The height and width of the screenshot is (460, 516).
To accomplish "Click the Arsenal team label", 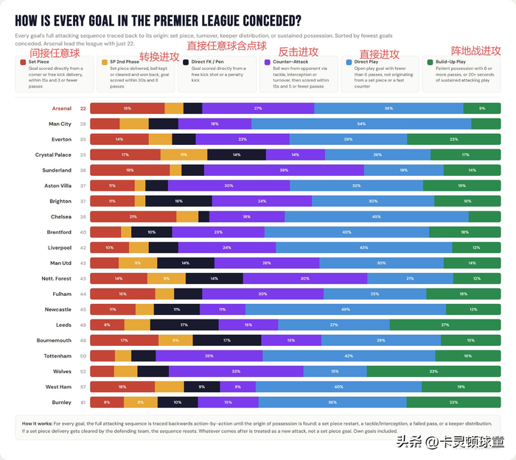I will point(61,108).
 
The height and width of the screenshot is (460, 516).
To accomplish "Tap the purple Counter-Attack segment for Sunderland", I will point(284,170).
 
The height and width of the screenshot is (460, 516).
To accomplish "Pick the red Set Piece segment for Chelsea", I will point(133,216).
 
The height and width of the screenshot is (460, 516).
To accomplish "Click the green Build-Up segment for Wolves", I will point(433,371).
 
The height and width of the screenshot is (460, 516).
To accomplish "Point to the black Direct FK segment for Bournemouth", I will point(227,340).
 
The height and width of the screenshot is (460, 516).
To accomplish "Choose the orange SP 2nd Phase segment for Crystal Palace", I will point(184,155).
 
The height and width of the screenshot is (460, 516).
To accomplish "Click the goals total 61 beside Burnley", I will point(83,402).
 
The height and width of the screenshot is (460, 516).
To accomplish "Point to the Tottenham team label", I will point(59,355).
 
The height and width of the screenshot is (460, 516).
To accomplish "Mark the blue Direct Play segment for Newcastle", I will point(345,309).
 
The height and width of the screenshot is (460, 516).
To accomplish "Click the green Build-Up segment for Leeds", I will point(444,325).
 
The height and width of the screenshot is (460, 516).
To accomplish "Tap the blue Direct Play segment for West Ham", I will point(338,386).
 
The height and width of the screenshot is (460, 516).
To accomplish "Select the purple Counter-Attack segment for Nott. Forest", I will point(304,278).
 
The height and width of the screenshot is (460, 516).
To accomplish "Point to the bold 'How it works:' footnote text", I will point(36,423).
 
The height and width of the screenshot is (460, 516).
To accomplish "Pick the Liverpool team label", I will point(59,247).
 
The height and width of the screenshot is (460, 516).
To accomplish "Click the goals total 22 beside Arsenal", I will point(83,108).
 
